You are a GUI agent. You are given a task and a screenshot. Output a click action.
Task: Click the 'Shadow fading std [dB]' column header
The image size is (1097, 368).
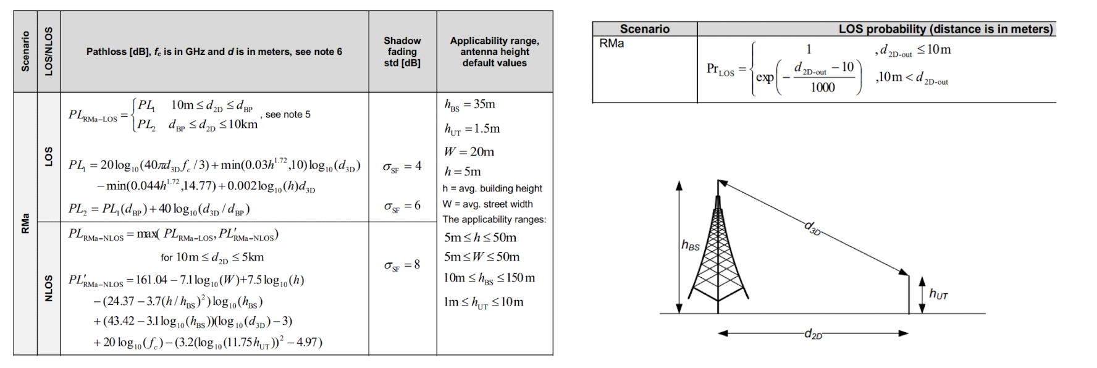tap(402, 51)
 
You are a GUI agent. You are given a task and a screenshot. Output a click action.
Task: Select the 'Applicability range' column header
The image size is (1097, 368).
tap(494, 51)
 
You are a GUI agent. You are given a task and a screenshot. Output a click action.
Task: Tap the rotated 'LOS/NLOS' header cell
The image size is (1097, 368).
tap(49, 51)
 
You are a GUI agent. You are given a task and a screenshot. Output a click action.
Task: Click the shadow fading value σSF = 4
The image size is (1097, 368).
tap(402, 166)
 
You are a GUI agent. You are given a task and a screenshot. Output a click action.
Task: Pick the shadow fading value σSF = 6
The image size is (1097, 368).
tap(402, 206)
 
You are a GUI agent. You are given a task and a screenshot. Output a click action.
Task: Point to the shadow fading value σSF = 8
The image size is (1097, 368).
tap(402, 265)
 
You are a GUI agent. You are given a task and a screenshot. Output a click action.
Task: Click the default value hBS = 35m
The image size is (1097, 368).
tap(469, 104)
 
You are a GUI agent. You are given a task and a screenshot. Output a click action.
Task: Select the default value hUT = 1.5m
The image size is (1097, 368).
tap(472, 128)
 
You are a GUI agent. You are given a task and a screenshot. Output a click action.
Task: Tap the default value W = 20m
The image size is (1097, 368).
tap(469, 151)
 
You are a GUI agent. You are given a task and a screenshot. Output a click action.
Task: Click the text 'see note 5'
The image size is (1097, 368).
tap(288, 114)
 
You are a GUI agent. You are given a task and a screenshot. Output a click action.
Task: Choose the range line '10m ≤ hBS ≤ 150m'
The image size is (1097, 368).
tap(489, 278)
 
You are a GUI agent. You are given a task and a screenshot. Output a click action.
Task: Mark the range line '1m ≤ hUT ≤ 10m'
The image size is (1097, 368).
tap(483, 302)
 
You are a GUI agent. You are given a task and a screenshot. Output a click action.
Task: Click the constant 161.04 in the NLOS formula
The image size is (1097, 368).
tap(151, 280)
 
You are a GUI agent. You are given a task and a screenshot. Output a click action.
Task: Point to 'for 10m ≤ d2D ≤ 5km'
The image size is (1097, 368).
tap(212, 257)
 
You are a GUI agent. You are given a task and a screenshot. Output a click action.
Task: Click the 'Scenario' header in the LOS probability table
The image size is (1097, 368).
tap(644, 29)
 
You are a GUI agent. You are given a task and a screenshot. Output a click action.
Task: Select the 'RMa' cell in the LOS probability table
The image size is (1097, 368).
tap(612, 44)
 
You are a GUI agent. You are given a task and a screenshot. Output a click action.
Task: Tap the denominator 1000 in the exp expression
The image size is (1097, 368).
tap(823, 87)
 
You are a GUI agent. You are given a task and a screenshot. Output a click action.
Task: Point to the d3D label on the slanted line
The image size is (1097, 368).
tap(813, 228)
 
